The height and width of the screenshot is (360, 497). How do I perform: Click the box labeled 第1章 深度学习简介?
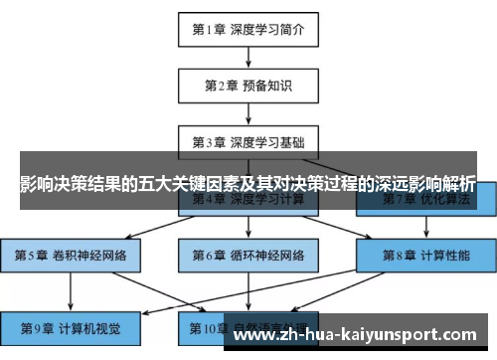point(248,29)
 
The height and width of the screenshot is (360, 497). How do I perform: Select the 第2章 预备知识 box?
point(248,85)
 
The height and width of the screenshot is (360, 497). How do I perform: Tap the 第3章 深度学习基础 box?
point(248,141)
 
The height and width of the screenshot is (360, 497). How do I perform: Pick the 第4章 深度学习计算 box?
point(248,201)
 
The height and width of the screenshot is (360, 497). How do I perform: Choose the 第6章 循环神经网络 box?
point(248,256)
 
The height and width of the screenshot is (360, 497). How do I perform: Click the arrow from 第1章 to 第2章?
point(248,57)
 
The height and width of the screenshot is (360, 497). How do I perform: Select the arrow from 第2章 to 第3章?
point(248,112)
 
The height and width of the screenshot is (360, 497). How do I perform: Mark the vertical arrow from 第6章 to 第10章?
point(248,290)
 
